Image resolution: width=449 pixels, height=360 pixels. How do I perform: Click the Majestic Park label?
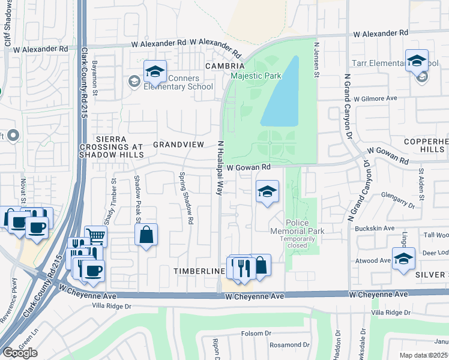[256, 76]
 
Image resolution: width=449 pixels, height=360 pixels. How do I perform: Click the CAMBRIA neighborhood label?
[224, 65]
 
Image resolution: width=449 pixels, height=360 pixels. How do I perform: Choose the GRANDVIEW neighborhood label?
[179, 145]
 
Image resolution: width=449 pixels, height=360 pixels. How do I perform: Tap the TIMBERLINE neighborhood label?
[199, 271]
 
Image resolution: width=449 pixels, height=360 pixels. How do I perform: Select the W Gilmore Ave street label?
[376, 98]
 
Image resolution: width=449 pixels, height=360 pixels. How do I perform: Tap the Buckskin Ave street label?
[375, 229]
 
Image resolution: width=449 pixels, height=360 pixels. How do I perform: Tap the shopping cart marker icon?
[95, 236]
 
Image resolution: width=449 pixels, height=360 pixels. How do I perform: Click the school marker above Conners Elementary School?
[155, 71]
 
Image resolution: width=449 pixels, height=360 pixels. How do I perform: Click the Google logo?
[20, 353]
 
